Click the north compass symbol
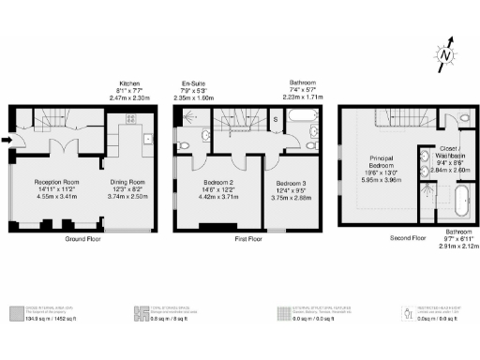448,53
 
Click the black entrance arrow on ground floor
7,141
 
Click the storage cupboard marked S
274,119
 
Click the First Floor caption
247,239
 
